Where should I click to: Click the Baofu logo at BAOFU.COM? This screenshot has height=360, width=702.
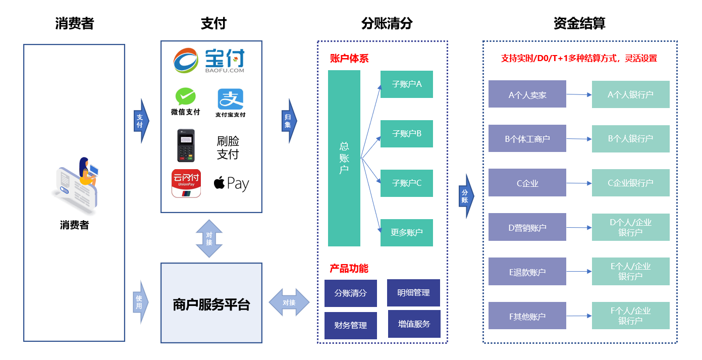coord(209,61)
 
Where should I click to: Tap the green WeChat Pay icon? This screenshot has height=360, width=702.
coord(186,96)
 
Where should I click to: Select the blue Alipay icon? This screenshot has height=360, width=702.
coord(230,99)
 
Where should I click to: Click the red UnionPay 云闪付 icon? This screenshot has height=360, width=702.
coord(186,183)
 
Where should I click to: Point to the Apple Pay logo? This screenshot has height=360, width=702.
coord(231,183)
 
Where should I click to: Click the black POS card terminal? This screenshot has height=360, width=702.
coord(186,145)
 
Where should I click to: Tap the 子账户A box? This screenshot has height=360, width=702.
coord(406,84)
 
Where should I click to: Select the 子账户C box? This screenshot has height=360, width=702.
coord(406,183)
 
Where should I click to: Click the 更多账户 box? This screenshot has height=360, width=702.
coord(406,232)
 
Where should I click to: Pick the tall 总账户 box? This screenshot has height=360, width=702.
coord(344,158)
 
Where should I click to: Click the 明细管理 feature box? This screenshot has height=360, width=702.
coord(413,292)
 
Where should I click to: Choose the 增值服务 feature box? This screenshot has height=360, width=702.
coord(414,324)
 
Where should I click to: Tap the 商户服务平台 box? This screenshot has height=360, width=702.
coord(211,303)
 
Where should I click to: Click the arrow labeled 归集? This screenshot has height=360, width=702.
coord(289,121)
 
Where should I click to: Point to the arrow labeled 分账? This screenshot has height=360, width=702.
coord(466,196)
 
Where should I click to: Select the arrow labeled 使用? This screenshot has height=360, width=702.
coord(140,302)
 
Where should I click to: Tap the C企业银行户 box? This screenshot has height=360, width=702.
coord(630,183)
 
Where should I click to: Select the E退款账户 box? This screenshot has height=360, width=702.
coord(527,271)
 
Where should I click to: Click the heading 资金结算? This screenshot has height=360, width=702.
coord(579,23)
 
